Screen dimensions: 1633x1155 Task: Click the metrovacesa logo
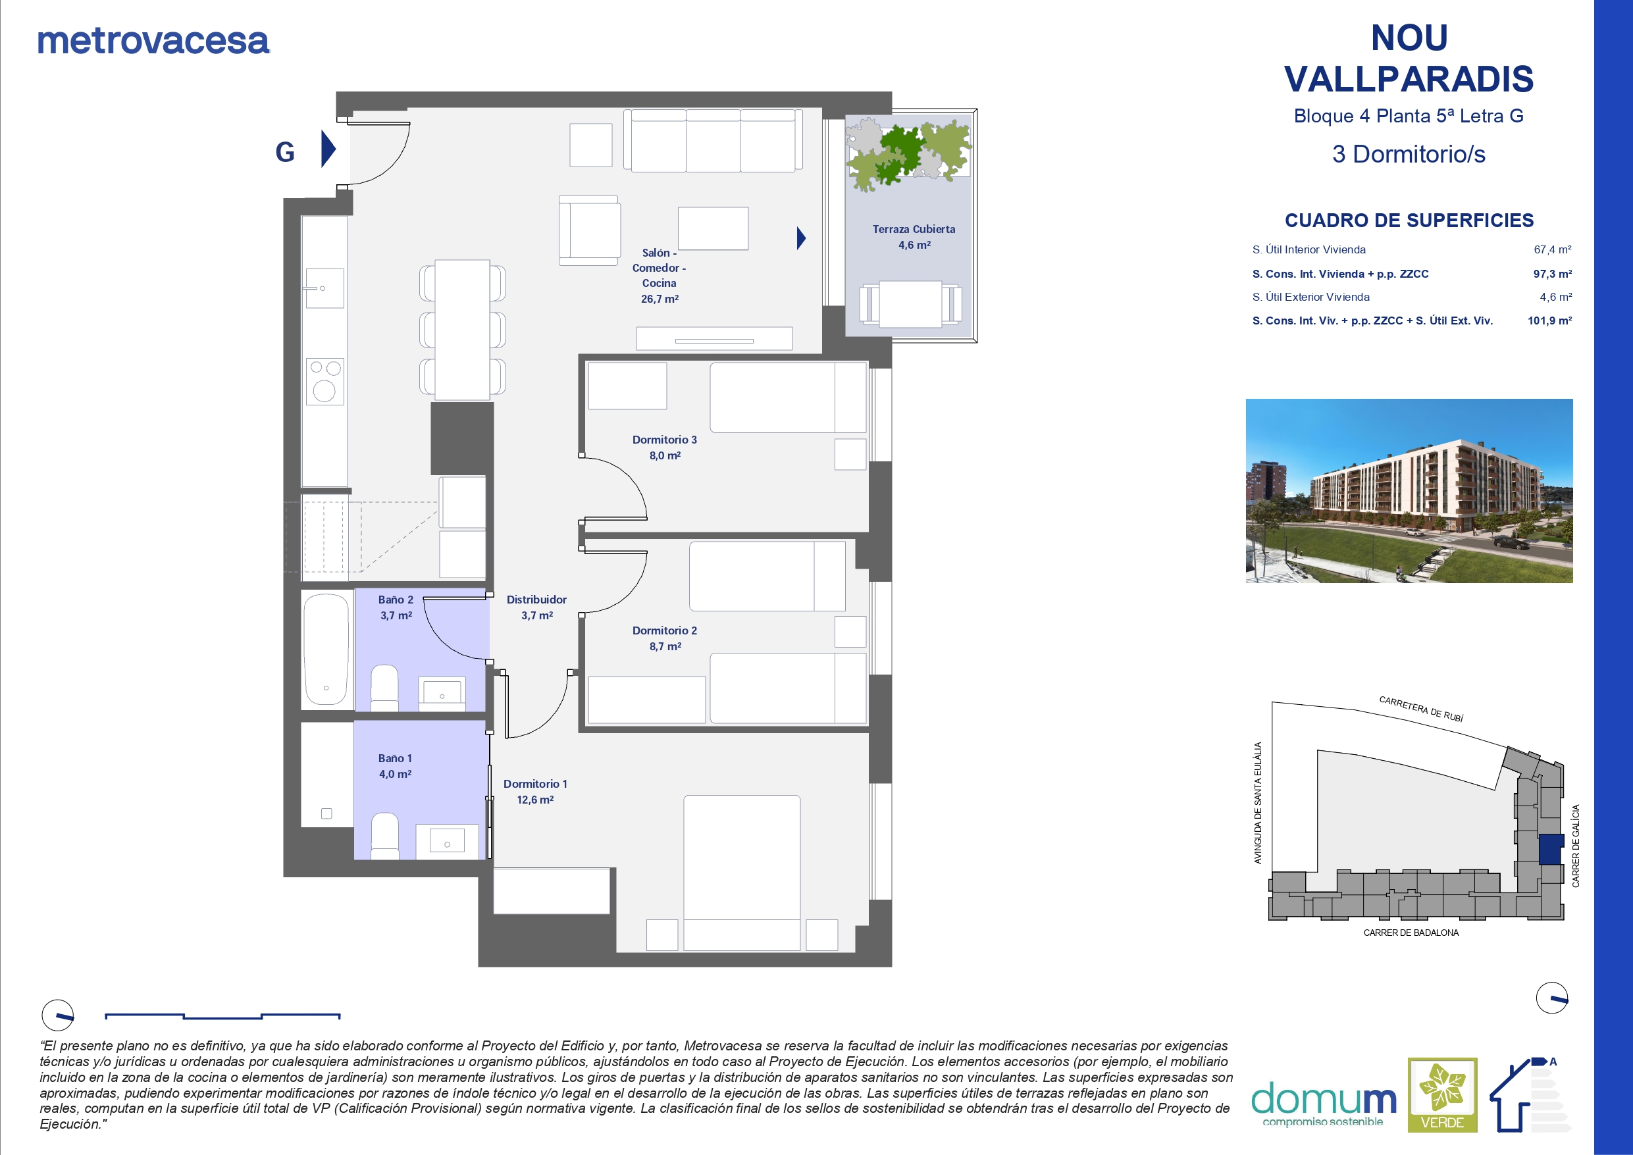coord(153,41)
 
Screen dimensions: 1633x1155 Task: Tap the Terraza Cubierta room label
coord(914,229)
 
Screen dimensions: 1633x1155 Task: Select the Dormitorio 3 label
coord(664,440)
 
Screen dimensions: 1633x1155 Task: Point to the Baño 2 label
coord(396,600)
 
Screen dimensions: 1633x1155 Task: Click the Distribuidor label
coord(536,600)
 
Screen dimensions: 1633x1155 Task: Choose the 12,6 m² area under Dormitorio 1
coord(535,800)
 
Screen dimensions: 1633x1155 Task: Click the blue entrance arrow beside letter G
coord(328,149)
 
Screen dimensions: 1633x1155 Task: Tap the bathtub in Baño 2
coord(326,649)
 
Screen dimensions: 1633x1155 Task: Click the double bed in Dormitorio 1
coord(742,873)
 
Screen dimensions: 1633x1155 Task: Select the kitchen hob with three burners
coord(325,381)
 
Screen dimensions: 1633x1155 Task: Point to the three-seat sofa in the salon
coord(713,140)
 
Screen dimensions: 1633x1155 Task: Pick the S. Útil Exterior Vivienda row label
coord(1310,297)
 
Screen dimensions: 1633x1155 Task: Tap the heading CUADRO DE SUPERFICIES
coord(1409,220)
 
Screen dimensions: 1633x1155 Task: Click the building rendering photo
coord(1409,491)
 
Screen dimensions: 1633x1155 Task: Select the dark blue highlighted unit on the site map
coord(1551,849)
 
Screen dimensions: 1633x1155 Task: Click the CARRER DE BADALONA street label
coord(1411,933)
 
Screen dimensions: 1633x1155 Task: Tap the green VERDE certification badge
coord(1442,1095)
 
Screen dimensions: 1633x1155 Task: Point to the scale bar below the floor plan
coord(222,1016)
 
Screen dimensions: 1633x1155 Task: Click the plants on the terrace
coord(908,155)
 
